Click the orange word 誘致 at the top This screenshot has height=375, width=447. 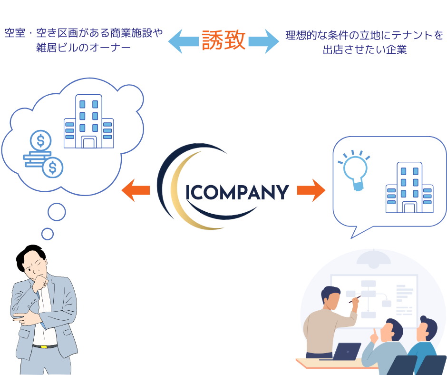pyautogui.click(x=223, y=40)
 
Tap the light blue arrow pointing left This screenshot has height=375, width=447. pyautogui.click(x=182, y=41)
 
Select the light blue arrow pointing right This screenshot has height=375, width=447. pyautogui.click(x=264, y=41)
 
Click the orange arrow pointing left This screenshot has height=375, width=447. pyautogui.click(x=136, y=191)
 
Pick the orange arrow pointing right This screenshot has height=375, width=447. pyautogui.click(x=311, y=191)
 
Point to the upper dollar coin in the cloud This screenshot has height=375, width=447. pyautogui.click(x=40, y=141)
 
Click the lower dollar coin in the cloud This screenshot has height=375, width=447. pyautogui.click(x=52, y=167)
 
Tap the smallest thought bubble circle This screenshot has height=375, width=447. pyautogui.click(x=48, y=234)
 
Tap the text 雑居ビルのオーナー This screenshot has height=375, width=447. pyautogui.click(x=83, y=48)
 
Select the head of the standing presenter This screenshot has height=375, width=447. pyautogui.click(x=331, y=298)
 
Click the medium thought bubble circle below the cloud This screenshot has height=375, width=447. pyautogui.click(x=57, y=212)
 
